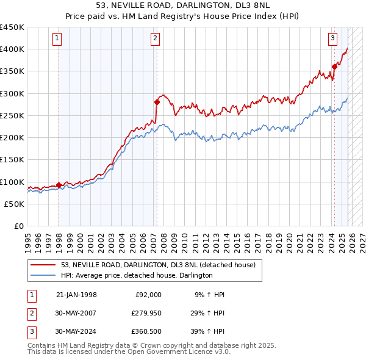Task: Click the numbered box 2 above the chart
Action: click(x=155, y=38)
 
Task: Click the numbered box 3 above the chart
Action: click(x=332, y=38)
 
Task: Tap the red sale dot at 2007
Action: click(x=157, y=103)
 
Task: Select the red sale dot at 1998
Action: click(x=59, y=185)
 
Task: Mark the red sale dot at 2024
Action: click(x=334, y=67)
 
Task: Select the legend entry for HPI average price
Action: click(x=136, y=276)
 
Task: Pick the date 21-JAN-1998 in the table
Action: click(x=76, y=295)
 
